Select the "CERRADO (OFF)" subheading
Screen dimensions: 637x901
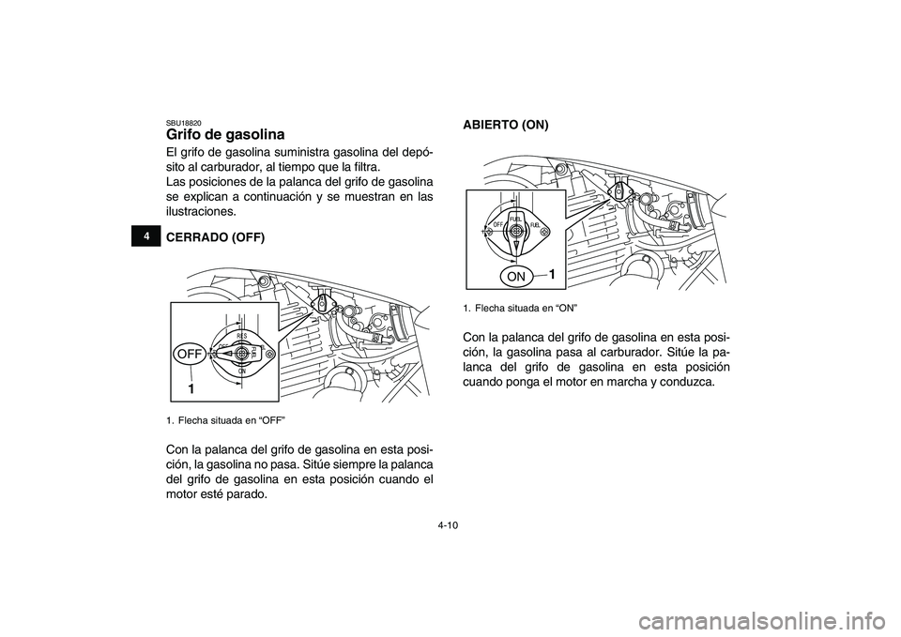coord(215,238)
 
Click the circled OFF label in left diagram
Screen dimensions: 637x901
coord(189,354)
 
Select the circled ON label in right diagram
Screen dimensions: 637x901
coord(515,277)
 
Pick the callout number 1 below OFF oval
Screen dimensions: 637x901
coord(191,387)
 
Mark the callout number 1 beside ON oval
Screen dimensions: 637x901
coord(553,274)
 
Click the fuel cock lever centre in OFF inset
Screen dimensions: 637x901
coord(241,354)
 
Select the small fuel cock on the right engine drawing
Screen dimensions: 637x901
coord(619,190)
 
